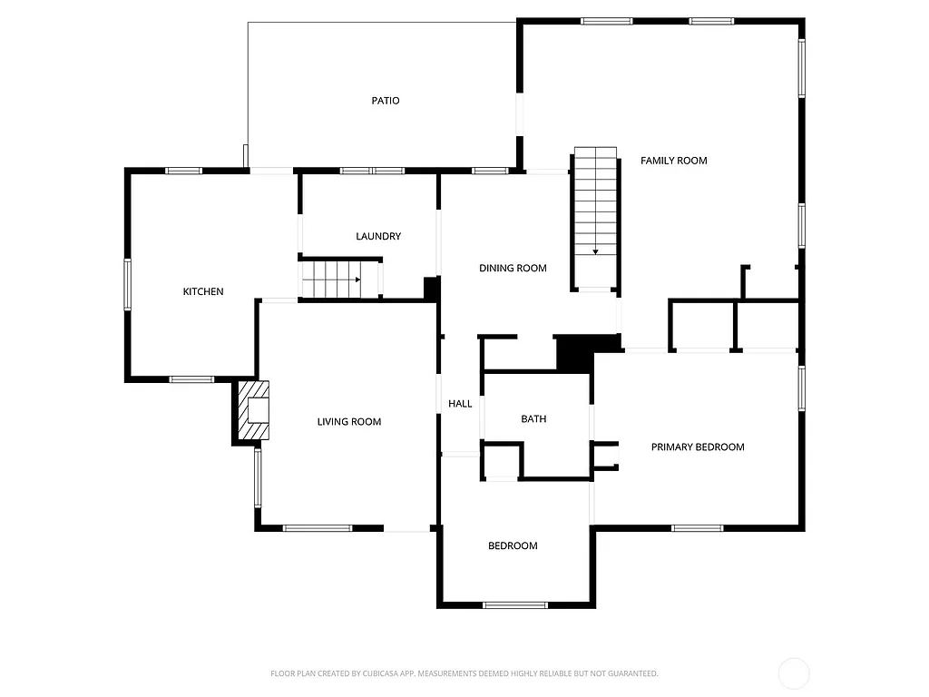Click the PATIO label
pyautogui.click(x=385, y=101)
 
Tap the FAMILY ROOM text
pyautogui.click(x=673, y=161)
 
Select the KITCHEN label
pyautogui.click(x=203, y=291)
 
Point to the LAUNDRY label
pyautogui.click(x=378, y=236)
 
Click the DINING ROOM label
pyautogui.click(x=513, y=268)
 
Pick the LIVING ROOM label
pyautogui.click(x=348, y=421)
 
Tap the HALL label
pyautogui.click(x=460, y=404)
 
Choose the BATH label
pyautogui.click(x=533, y=418)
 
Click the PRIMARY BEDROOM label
pyautogui.click(x=698, y=447)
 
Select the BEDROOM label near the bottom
pyautogui.click(x=513, y=545)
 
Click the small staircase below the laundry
pyautogui.click(x=332, y=279)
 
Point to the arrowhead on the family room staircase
pyautogui.click(x=595, y=251)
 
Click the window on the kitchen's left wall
pyautogui.click(x=128, y=284)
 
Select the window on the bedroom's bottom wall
pyautogui.click(x=515, y=604)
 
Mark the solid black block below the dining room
pyautogui.click(x=575, y=352)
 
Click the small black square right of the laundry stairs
pyautogui.click(x=432, y=288)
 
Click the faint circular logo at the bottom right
pyautogui.click(x=794, y=673)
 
